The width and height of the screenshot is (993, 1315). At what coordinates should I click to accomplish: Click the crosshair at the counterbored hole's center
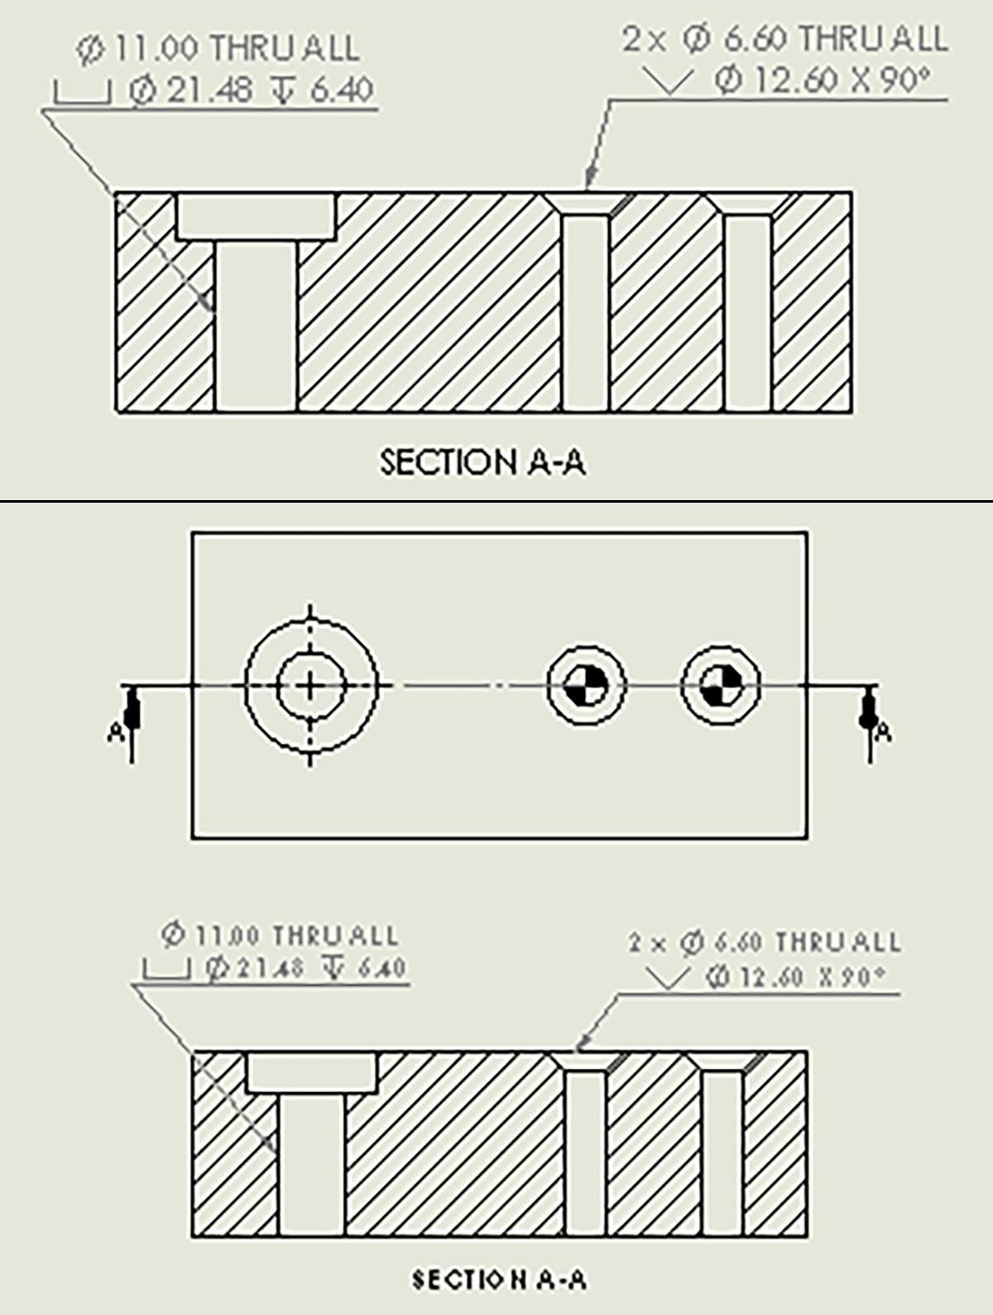[310, 686]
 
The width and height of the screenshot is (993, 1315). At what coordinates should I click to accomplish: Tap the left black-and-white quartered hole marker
[587, 686]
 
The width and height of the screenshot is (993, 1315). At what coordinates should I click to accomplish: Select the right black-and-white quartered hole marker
[722, 686]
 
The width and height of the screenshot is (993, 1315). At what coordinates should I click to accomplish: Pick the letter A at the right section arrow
[883, 731]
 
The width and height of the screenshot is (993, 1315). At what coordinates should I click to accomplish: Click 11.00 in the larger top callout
[156, 48]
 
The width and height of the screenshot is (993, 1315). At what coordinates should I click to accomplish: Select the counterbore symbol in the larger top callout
[82, 92]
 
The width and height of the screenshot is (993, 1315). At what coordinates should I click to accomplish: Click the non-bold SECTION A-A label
[482, 463]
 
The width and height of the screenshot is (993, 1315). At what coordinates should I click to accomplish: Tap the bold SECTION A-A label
[499, 1279]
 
